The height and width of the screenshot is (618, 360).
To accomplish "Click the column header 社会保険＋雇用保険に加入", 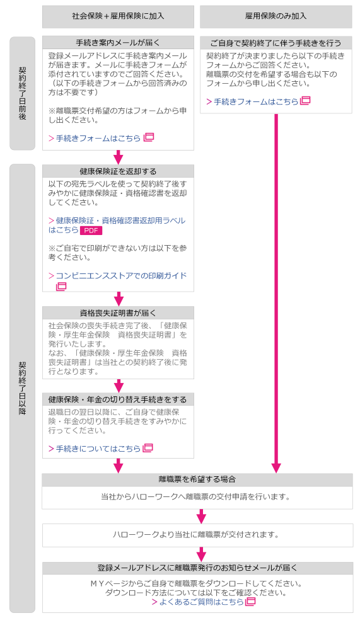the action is click(x=118, y=16).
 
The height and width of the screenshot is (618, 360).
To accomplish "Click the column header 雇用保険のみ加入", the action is click(x=276, y=16).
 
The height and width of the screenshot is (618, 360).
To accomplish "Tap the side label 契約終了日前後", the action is click(x=23, y=93).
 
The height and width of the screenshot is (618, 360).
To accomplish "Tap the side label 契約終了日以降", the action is click(x=23, y=388).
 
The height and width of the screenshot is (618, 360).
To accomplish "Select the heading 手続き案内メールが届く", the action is click(x=118, y=43).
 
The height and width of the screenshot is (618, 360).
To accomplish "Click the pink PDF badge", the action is click(x=91, y=231).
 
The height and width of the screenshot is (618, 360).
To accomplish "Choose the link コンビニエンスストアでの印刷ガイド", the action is click(x=117, y=275).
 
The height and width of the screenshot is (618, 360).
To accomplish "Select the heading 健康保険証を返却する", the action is click(x=118, y=171).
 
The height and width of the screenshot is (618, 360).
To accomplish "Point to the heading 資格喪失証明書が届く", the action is click(x=118, y=313).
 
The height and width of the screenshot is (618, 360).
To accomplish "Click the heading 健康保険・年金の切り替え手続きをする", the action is click(x=117, y=399).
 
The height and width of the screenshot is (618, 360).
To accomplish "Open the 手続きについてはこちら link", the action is click(x=95, y=449).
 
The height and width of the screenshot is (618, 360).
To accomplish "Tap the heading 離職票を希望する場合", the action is click(x=197, y=479).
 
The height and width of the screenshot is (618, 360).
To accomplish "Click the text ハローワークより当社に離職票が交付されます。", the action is click(x=196, y=535).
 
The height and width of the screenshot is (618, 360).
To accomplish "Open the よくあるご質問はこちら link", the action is click(x=198, y=602).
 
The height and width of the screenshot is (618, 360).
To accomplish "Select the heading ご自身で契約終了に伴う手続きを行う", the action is click(x=276, y=43).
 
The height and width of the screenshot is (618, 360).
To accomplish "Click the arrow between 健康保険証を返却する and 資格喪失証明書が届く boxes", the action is click(x=119, y=299).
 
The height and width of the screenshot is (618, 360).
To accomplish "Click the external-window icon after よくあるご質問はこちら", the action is click(x=250, y=602).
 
